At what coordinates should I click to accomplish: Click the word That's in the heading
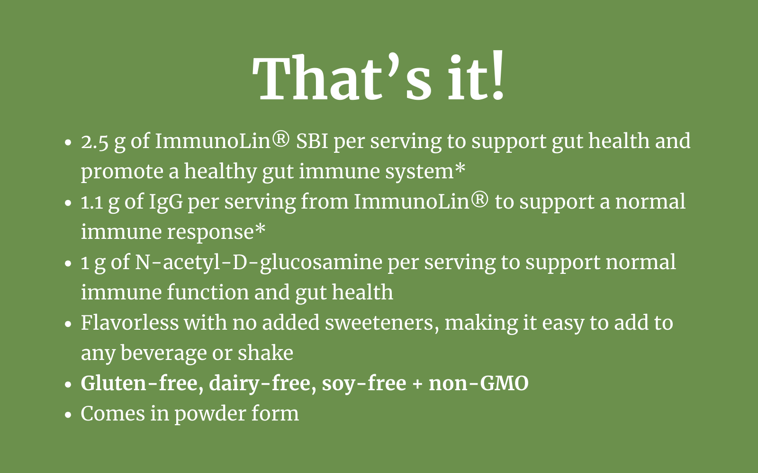click(342, 78)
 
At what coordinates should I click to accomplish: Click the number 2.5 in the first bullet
click(95, 142)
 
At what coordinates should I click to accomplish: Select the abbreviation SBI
click(312, 141)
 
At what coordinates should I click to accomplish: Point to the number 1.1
click(92, 202)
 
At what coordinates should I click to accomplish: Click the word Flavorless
click(130, 323)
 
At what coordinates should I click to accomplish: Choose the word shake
click(265, 353)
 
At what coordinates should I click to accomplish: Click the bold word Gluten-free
click(142, 384)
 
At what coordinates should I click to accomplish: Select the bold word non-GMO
click(478, 384)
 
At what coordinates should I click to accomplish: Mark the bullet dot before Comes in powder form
click(68, 415)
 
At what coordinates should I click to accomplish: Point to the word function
click(208, 293)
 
